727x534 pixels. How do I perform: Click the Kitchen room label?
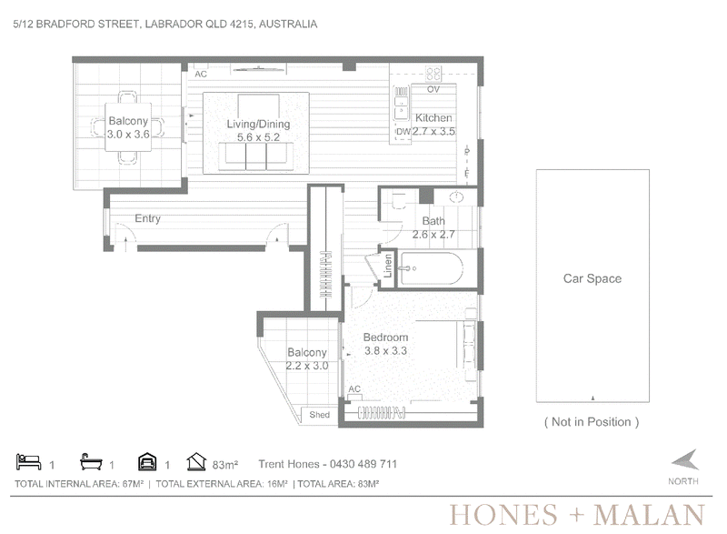coord(433,118)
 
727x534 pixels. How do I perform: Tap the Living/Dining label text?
coord(258,124)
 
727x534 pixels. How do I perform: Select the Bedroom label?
coord(385,338)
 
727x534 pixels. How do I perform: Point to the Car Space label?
coord(593,278)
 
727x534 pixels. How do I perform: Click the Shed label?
coord(320,415)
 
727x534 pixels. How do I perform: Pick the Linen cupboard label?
coord(388,266)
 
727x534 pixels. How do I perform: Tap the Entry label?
coord(147,218)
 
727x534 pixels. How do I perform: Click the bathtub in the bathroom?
coord(431,268)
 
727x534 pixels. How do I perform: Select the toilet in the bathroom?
coord(398,200)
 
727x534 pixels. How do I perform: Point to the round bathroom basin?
coord(456,197)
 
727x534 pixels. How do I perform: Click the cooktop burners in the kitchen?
coord(433,74)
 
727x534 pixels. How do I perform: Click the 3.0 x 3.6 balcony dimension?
coord(128,135)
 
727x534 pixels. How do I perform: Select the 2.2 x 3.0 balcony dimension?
coord(307,366)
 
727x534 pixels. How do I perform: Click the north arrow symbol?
coord(685,459)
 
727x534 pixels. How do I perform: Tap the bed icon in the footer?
coord(28,461)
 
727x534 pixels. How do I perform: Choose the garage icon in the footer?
coord(147,461)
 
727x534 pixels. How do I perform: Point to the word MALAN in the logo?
coord(649,515)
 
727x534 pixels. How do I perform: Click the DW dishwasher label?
coord(403,131)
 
